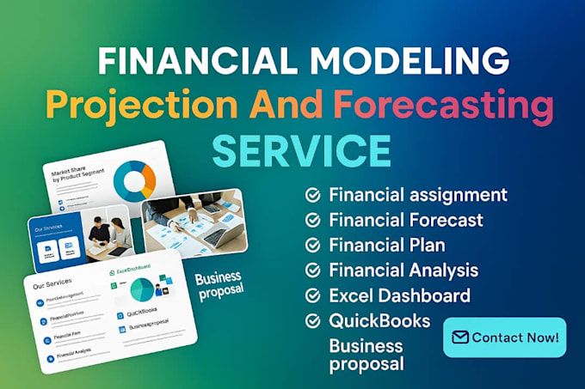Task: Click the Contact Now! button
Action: (x=505, y=337)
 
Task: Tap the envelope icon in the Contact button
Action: (x=460, y=337)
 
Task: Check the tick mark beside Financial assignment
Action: (x=313, y=195)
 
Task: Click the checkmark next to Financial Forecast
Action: (x=313, y=220)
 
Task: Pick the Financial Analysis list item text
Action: (x=403, y=270)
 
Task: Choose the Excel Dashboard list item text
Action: (x=399, y=296)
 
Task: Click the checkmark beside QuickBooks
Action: (x=313, y=321)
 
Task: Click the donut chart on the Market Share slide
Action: (x=138, y=177)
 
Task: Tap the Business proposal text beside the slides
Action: (x=219, y=284)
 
